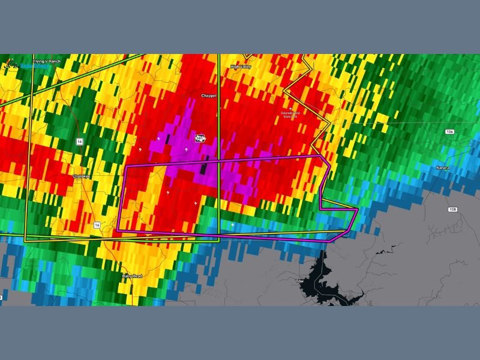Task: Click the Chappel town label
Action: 208,95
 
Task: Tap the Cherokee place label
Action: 80,176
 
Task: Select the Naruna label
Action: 443,168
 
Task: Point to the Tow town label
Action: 300,280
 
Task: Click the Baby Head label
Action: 131,276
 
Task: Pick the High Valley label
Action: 241,67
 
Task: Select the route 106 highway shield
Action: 449,131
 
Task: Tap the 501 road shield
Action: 199,139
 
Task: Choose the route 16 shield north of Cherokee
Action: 79,141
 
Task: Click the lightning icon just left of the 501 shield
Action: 159,138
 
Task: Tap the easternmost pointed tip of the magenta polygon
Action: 358,210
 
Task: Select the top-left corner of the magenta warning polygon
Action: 124,167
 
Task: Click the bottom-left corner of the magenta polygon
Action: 117,230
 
